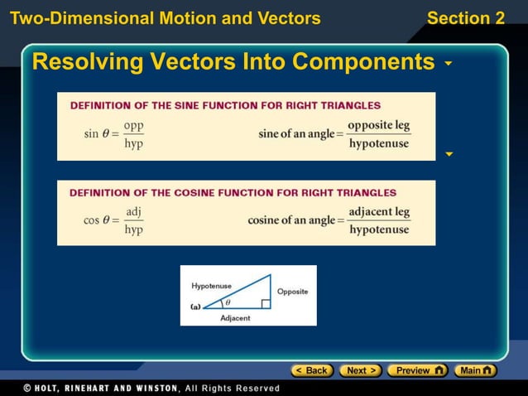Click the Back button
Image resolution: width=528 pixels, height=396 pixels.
(312, 370)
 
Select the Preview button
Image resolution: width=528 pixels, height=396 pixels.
(417, 370)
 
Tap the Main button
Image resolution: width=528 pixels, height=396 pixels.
(477, 370)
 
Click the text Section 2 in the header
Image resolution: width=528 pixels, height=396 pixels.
(465, 18)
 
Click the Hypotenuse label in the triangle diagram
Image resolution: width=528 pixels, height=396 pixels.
(212, 286)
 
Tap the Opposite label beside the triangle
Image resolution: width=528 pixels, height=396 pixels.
(292, 292)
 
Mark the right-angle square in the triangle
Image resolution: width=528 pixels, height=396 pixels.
(265, 304)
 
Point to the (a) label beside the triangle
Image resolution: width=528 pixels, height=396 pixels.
(195, 306)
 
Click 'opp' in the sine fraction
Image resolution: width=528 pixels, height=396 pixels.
(132, 125)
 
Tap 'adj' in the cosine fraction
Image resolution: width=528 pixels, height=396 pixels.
(132, 212)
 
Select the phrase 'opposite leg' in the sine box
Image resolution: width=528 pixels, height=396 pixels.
(378, 125)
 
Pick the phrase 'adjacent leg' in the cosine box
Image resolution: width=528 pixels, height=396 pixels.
(378, 212)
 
